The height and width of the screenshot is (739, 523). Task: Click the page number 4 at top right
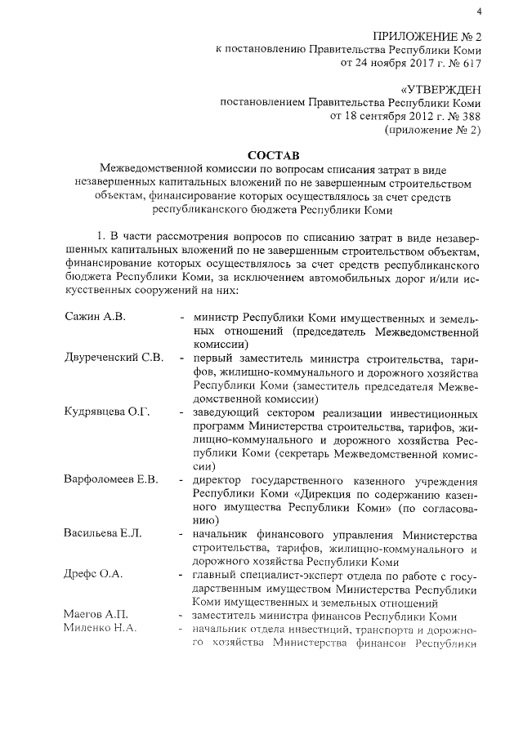[x=479, y=11]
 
